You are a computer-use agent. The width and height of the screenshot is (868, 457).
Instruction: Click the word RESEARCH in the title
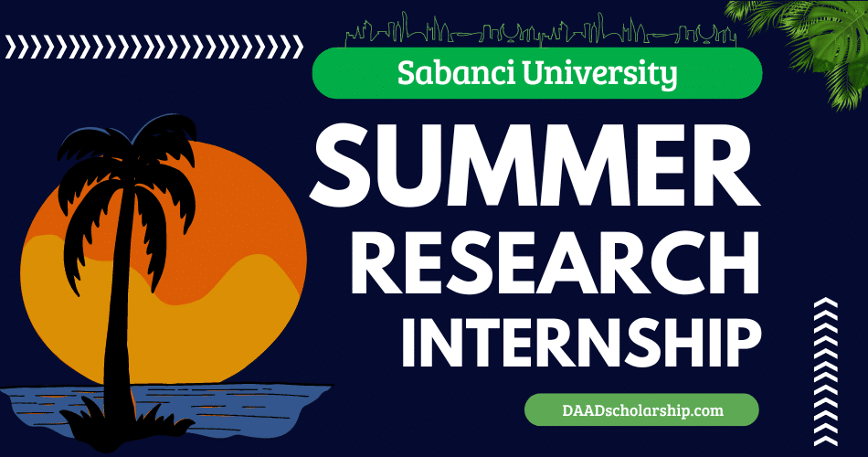pyautogui.click(x=557, y=263)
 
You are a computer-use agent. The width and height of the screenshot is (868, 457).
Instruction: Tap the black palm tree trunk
pyautogui.click(x=116, y=311)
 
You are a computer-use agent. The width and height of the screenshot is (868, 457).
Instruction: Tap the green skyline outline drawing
pyautogui.click(x=539, y=32)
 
